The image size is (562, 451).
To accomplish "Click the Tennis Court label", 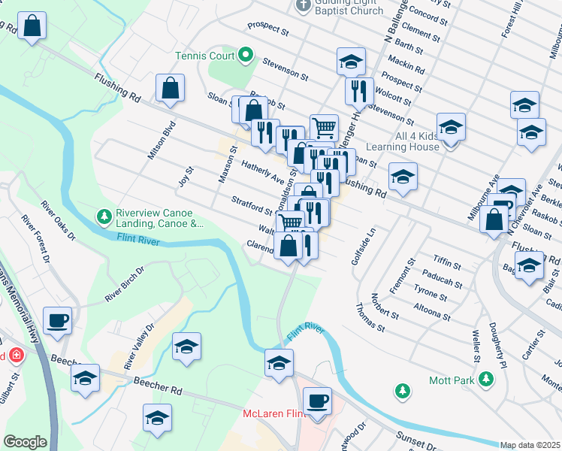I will (205, 56).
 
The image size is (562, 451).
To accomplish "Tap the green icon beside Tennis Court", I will (245, 55).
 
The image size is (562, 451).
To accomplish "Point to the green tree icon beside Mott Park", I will (403, 390).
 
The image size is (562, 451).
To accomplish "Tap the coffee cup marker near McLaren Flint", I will (318, 401).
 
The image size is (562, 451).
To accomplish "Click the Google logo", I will (25, 442).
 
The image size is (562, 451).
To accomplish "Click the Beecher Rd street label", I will (159, 386).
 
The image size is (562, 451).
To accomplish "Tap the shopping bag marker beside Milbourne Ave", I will (494, 220).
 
